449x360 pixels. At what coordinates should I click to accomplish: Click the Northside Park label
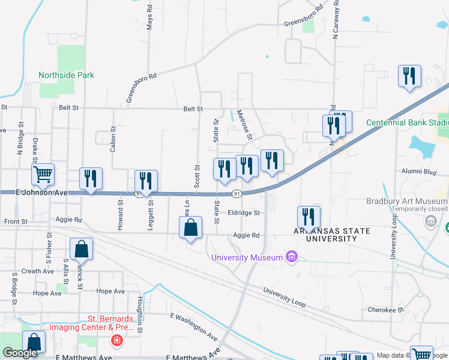coord(66,76)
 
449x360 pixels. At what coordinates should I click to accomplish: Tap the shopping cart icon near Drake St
coord(43,175)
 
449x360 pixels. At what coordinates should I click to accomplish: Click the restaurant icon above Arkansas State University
coord(309,217)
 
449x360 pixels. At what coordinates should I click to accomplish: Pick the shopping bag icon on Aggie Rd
coord(190,229)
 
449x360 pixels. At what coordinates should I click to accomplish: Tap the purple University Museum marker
coord(292,257)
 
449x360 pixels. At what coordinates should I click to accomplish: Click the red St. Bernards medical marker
coord(116,341)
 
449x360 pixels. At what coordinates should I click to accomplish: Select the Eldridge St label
coord(244,213)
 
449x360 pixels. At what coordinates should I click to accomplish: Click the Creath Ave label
coord(38,271)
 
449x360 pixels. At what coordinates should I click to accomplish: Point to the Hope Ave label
coord(47,293)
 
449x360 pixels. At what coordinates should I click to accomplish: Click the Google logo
coord(20,353)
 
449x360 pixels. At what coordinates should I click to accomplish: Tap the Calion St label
coord(113,139)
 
